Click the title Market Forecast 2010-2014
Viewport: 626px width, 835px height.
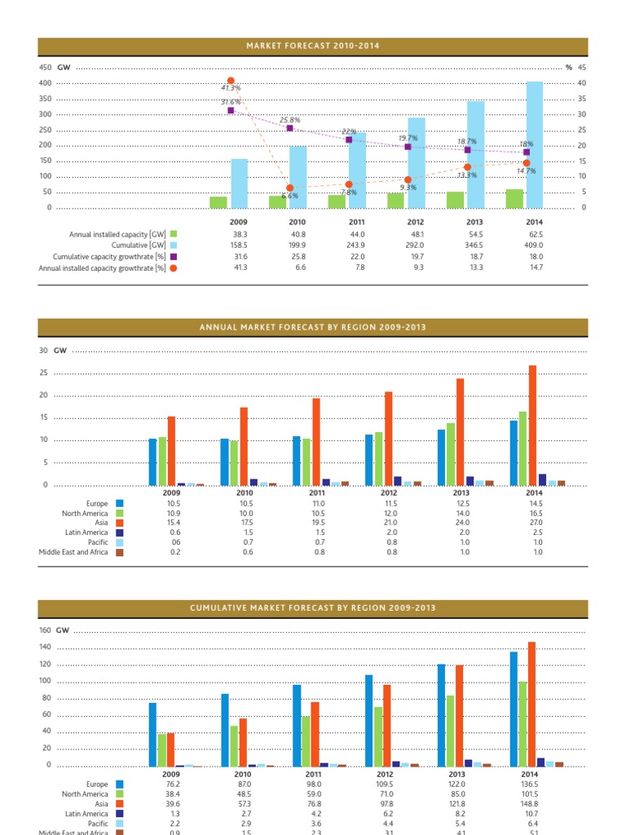313,46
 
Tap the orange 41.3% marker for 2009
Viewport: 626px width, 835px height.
231,81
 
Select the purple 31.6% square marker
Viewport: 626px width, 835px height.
231,110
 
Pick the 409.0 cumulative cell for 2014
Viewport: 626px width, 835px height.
534,245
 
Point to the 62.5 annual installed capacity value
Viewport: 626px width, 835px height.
534,234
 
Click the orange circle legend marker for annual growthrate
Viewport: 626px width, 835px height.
173,267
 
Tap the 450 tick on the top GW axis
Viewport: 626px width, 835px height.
46,67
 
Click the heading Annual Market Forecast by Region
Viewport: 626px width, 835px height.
313,328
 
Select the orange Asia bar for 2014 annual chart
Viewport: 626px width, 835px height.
533,425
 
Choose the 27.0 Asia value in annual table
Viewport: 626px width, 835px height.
534,523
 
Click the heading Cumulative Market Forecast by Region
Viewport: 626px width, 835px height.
313,608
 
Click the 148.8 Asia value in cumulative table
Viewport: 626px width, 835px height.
534,804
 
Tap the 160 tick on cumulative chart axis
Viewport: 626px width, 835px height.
44,630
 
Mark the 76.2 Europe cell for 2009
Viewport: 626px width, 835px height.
172,784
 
